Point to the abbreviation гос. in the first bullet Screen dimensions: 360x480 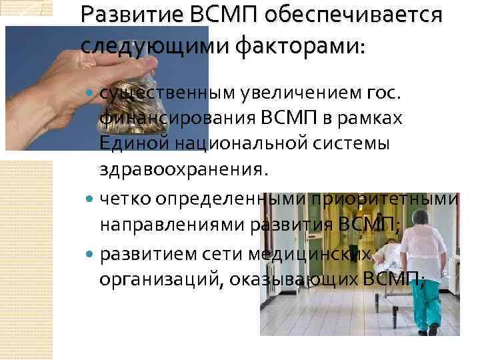tap(385, 99)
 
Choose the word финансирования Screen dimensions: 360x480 tap(174, 121)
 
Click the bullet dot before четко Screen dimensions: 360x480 tap(91, 199)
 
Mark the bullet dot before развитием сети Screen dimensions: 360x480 tap(91, 255)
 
